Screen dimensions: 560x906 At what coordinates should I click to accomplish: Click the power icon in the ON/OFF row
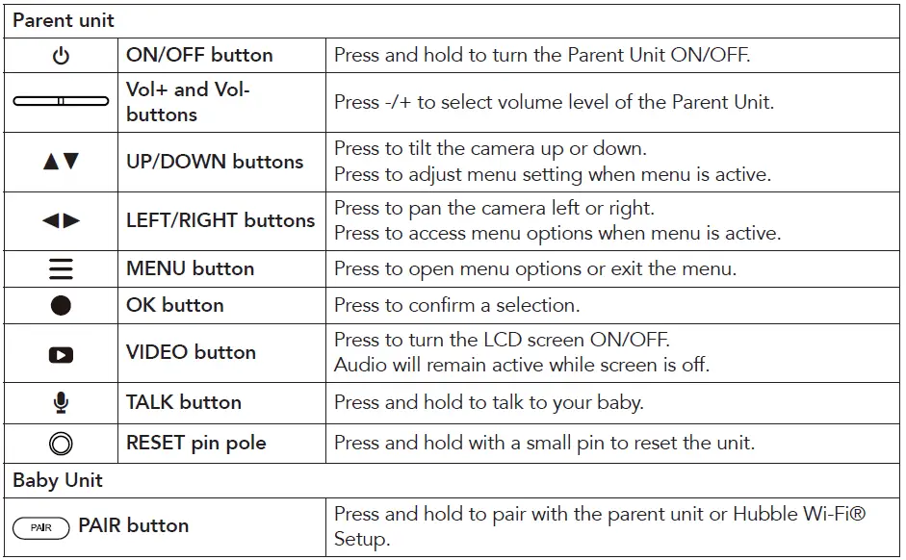click(x=61, y=56)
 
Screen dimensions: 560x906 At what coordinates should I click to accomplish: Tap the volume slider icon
click(x=61, y=101)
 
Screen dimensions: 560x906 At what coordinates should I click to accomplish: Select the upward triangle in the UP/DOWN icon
click(x=51, y=162)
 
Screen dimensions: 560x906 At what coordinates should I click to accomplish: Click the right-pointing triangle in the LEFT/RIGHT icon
click(x=71, y=220)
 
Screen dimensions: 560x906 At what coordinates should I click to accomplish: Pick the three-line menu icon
click(x=61, y=268)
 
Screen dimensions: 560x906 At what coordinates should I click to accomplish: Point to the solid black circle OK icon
click(x=61, y=306)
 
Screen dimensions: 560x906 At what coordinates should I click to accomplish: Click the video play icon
click(x=61, y=354)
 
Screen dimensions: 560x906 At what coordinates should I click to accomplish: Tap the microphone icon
click(x=61, y=402)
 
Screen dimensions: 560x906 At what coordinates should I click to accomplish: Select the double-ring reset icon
click(x=61, y=444)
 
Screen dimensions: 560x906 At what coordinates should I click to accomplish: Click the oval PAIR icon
click(x=41, y=527)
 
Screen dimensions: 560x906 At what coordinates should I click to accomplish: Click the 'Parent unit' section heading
click(x=64, y=20)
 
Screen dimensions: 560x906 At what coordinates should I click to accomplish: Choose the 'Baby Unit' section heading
click(x=58, y=480)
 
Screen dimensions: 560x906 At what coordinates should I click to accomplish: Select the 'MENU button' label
click(x=190, y=268)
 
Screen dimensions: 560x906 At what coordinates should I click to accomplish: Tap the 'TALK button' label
click(x=183, y=402)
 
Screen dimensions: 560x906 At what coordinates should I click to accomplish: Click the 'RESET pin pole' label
click(x=195, y=444)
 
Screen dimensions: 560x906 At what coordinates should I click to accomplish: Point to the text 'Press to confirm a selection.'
click(x=456, y=306)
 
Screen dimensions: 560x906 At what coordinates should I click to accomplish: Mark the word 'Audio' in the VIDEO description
click(x=358, y=365)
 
